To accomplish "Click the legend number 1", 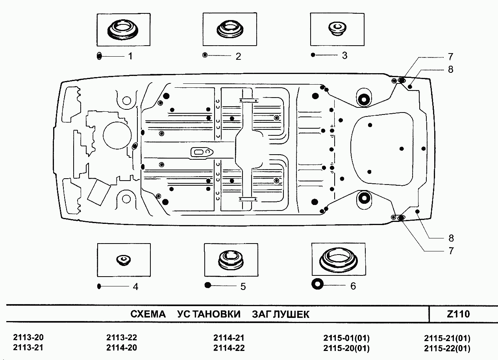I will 130,56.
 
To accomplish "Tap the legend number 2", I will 238,56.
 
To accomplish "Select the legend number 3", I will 344,55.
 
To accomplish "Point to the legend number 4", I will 135,287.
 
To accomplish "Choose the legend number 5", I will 243,287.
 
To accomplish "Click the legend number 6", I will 353,286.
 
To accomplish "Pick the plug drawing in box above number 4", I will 124,260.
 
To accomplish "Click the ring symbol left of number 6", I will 317,284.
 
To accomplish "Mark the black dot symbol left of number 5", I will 208,286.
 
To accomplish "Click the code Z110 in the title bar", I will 458,314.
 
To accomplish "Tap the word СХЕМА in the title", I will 148,314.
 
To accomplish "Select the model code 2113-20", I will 28,338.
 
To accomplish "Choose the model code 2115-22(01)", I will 447,348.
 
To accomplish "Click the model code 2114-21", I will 229,338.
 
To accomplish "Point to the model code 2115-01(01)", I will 346,338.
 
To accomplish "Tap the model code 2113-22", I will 122,338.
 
